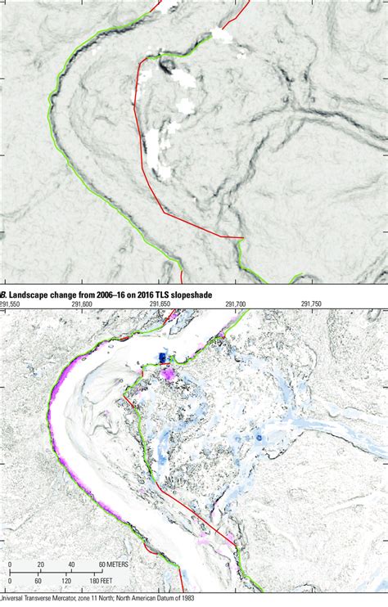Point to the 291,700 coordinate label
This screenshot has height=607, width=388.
pos(235,304)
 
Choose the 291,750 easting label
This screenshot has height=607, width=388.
pos(311,304)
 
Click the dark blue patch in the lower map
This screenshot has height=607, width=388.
pos(163,357)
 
